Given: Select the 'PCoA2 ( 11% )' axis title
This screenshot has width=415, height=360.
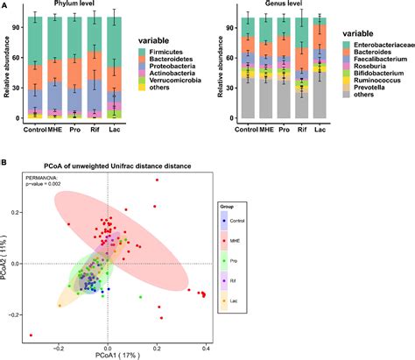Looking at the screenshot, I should (x=6, y=262).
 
